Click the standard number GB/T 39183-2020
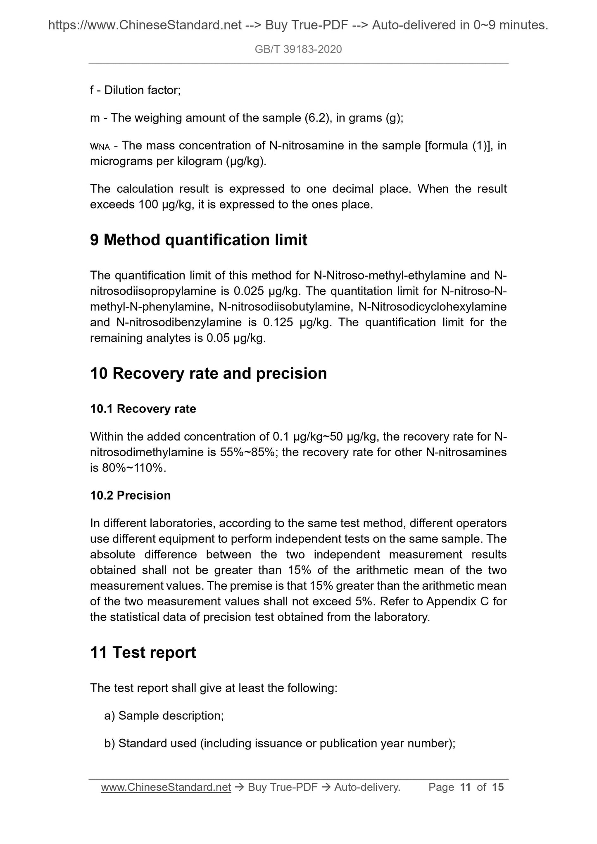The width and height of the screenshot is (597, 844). coord(298,50)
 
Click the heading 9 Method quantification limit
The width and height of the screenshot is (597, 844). coord(198,240)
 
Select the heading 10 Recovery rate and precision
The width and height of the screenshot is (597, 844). coord(208,373)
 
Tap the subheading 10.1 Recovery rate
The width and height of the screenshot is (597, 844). coord(143,409)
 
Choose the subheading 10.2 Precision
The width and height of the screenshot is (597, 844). coord(130,495)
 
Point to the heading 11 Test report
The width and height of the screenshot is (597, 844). coord(143,652)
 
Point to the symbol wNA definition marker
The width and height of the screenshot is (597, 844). coord(100,146)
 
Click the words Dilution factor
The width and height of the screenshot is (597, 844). coord(142,90)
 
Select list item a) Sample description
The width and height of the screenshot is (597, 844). coord(164,716)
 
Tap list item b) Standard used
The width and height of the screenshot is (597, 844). coord(280,743)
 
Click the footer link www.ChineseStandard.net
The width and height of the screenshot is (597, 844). coord(166,787)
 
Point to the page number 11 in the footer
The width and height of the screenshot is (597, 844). coord(465,787)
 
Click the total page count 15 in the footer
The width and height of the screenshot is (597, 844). coord(498,787)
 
